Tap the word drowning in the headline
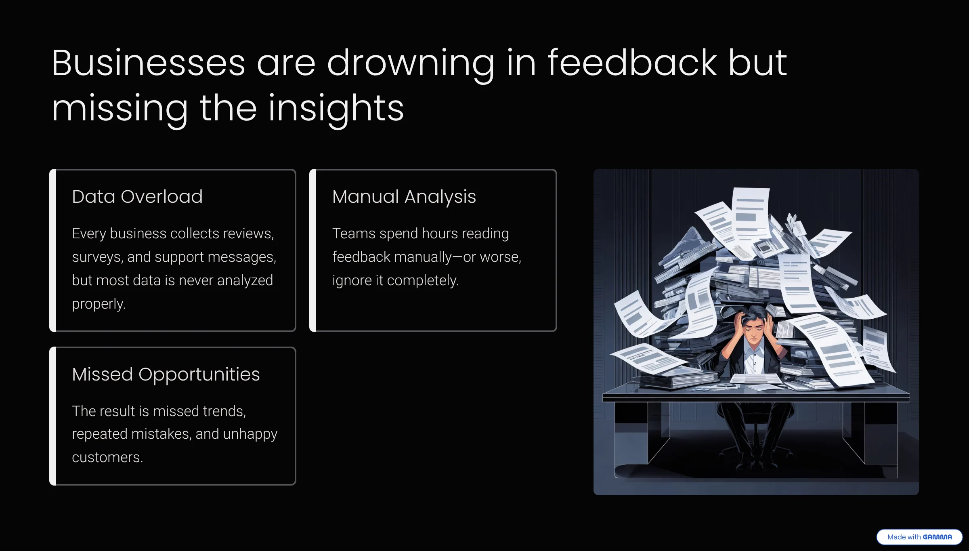pos(411,65)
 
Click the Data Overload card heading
pos(137,197)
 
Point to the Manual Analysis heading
pos(404,197)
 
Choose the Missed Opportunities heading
pos(166,374)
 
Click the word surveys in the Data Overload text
pos(97,257)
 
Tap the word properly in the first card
pos(99,304)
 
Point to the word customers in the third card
pos(107,457)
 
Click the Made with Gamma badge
pos(919,537)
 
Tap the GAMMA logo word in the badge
pos(937,537)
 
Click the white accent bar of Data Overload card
pos(52,250)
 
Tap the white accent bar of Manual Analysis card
pos(313,250)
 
